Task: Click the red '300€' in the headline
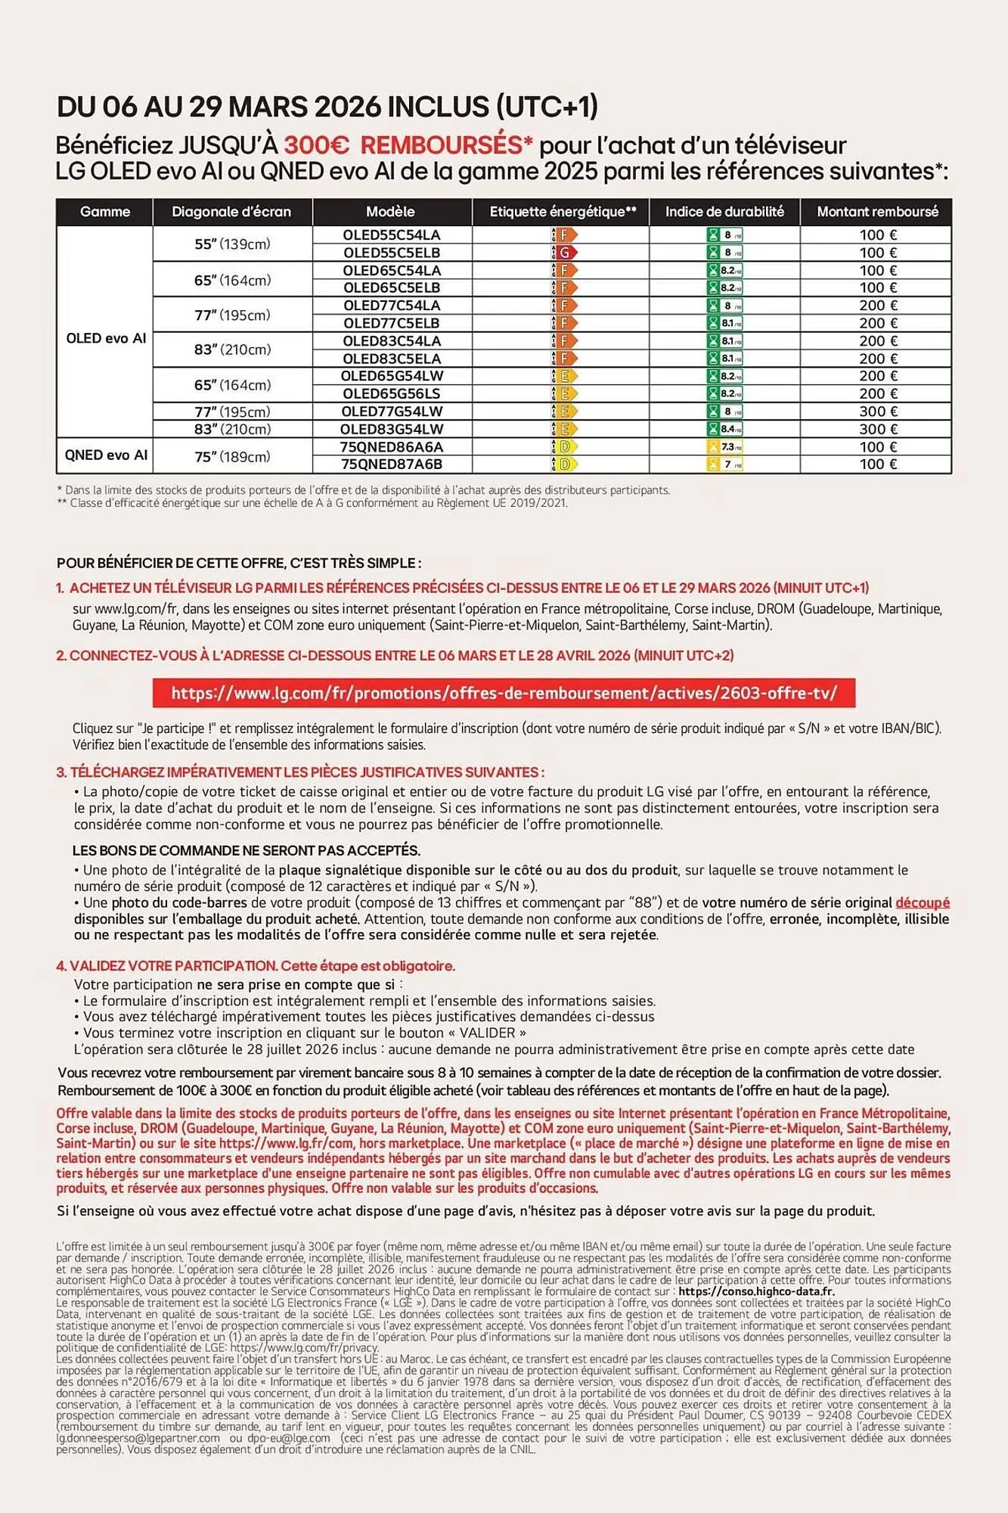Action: point(317,145)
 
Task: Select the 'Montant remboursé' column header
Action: point(877,212)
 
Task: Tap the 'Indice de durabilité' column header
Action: point(724,212)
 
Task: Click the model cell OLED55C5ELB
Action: point(392,253)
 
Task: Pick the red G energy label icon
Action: point(565,253)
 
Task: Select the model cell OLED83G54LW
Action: point(392,429)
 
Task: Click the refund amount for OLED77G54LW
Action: point(877,412)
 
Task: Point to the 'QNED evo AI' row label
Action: point(106,455)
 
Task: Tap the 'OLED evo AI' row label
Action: point(106,338)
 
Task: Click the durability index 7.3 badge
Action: point(725,447)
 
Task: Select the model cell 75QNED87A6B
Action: point(392,464)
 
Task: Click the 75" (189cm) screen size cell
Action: point(232,456)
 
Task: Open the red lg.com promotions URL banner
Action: point(504,693)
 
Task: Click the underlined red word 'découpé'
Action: point(923,903)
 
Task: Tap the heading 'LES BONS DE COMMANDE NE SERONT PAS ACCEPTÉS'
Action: point(247,850)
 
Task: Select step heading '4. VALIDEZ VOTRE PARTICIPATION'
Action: point(166,966)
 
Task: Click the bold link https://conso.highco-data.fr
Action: point(756,1291)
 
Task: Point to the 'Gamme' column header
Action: point(105,212)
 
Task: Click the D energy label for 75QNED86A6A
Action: point(563,447)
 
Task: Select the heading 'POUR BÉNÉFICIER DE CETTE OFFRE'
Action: point(239,563)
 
